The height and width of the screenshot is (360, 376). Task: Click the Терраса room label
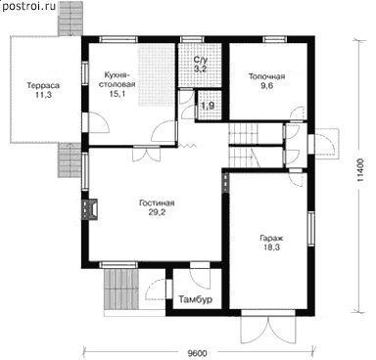(x=43, y=86)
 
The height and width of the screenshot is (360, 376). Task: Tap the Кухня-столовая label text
(x=119, y=80)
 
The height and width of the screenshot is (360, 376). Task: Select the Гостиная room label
(x=157, y=203)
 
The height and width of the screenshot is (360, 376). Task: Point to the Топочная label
(x=267, y=76)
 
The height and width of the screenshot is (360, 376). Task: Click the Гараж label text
(x=270, y=238)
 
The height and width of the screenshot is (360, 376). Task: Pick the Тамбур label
(x=196, y=299)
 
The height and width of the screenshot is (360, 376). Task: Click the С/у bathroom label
(x=201, y=60)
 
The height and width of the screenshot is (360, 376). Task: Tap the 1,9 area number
(x=208, y=106)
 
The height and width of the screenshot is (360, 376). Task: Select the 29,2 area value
(x=157, y=212)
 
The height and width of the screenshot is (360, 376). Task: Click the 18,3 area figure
(x=270, y=247)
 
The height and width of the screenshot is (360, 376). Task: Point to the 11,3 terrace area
(x=43, y=95)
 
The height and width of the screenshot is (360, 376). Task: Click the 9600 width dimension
(x=197, y=353)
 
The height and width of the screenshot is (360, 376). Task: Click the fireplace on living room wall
(x=90, y=209)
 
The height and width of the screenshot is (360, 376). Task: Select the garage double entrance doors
(x=268, y=328)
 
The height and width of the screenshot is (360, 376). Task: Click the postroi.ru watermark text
(x=28, y=6)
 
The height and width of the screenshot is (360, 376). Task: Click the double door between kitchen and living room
(x=147, y=154)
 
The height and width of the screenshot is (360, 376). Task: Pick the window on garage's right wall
(x=311, y=228)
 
